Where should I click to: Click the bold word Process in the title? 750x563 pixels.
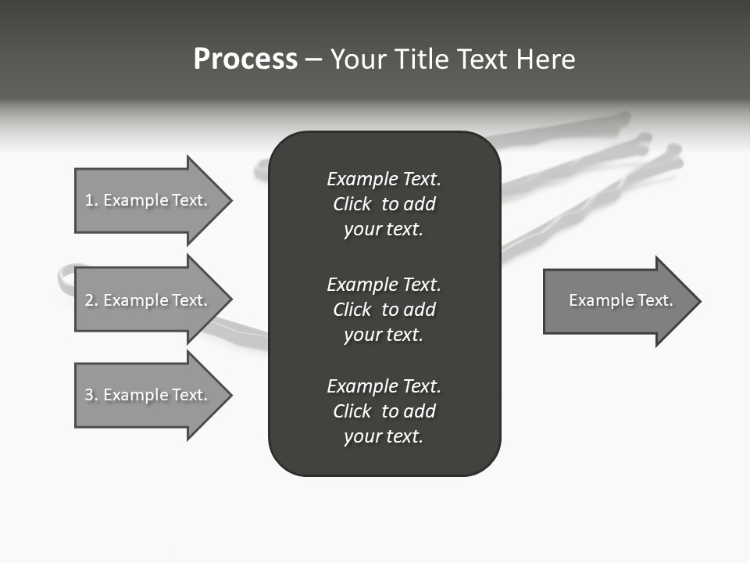[245, 59]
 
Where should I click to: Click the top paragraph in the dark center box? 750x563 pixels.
[384, 204]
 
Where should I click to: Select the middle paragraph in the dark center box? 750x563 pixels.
[384, 310]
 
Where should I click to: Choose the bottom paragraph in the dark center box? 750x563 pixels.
[384, 411]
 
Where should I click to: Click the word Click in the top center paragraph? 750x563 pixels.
[352, 204]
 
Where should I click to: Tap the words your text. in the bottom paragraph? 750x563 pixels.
[383, 436]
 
